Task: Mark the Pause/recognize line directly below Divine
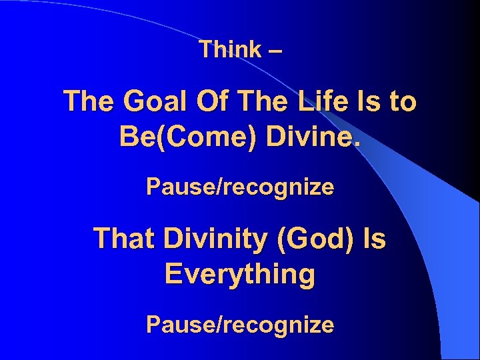240,187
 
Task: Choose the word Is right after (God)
374,239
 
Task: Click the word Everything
240,274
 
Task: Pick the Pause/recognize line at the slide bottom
240,325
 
